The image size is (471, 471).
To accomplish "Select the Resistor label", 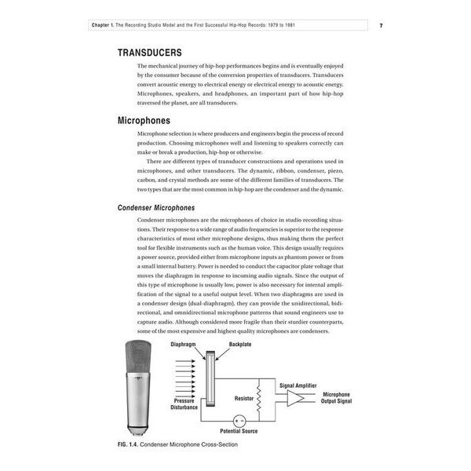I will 243,399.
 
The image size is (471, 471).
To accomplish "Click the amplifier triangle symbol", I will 297,399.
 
